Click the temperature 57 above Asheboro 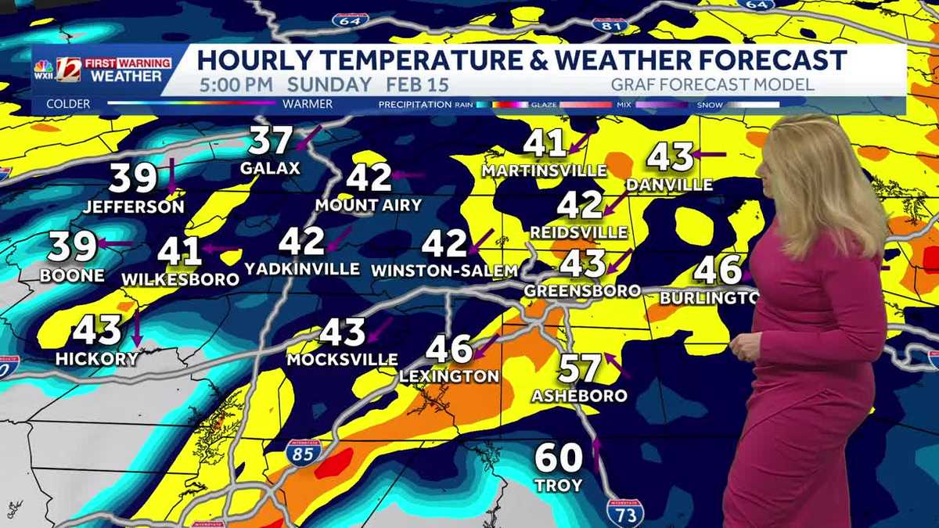(580, 368)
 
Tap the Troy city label (559, 486)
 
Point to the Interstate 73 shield (624, 511)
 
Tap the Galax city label (270, 168)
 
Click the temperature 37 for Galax (270, 141)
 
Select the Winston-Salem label (444, 271)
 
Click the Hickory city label (96, 359)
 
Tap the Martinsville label (544, 171)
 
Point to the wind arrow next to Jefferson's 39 (171, 176)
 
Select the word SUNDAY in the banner (329, 85)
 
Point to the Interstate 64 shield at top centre (350, 20)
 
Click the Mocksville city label (342, 360)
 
